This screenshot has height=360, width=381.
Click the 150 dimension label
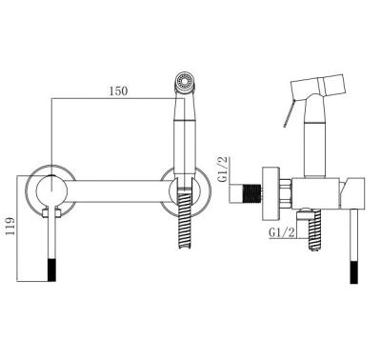[x=118, y=91]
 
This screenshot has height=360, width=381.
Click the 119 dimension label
[x=10, y=226]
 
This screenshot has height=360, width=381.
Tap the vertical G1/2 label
[x=224, y=170]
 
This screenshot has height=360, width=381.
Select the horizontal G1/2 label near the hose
[x=281, y=232]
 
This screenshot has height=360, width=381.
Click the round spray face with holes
[x=185, y=83]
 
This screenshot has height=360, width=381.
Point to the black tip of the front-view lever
[x=51, y=270]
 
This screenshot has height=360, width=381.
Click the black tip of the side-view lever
[x=353, y=272]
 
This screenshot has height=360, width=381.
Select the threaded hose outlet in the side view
[x=314, y=230]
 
